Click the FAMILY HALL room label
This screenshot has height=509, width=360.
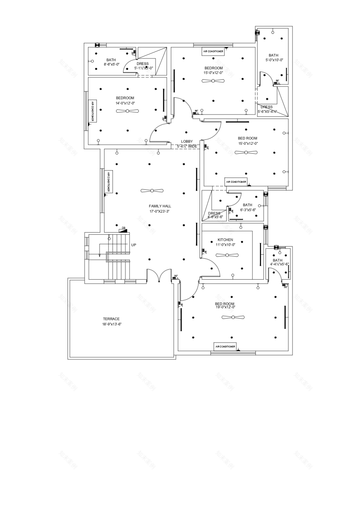click(x=160, y=206)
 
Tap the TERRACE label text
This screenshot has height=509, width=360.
click(x=111, y=319)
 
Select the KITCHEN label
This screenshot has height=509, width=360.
click(x=225, y=240)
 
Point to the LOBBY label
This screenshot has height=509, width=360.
click(x=187, y=141)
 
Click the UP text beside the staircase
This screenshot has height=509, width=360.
click(x=133, y=245)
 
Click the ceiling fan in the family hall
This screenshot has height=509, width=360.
click(x=152, y=191)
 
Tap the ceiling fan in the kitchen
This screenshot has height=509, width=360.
click(x=227, y=256)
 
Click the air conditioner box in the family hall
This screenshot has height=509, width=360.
click(x=108, y=182)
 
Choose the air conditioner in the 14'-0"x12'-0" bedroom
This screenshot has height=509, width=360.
click(x=93, y=111)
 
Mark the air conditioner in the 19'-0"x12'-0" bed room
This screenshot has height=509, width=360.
click(x=225, y=347)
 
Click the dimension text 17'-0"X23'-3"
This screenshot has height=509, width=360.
click(x=160, y=211)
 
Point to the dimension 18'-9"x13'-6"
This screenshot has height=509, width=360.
click(x=112, y=324)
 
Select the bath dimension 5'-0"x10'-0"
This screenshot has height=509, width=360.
click(x=274, y=60)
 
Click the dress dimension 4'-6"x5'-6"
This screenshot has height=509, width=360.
click(x=215, y=217)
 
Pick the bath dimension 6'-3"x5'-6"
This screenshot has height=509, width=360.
click(x=248, y=210)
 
